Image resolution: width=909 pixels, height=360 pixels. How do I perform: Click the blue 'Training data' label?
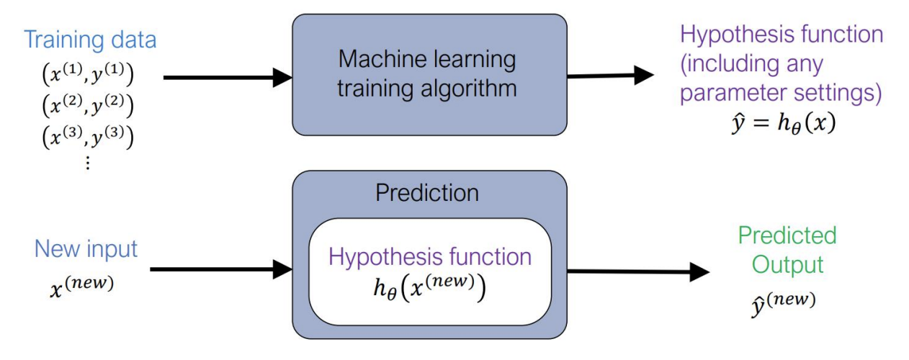click(90, 39)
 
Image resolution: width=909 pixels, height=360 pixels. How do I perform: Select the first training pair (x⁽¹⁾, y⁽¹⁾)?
click(88, 74)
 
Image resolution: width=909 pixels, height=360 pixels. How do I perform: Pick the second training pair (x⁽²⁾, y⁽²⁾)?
click(88, 105)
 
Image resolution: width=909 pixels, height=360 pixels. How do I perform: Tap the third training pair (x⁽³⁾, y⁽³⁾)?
click(88, 136)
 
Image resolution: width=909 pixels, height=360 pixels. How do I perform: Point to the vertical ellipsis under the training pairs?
click(88, 163)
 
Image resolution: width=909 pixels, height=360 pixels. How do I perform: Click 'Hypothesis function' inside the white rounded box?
click(430, 256)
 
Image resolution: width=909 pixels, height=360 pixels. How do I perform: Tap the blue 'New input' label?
click(86, 250)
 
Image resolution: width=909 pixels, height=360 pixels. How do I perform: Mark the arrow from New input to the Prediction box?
click(220, 270)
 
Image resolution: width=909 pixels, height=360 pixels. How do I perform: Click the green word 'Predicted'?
click(787, 235)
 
